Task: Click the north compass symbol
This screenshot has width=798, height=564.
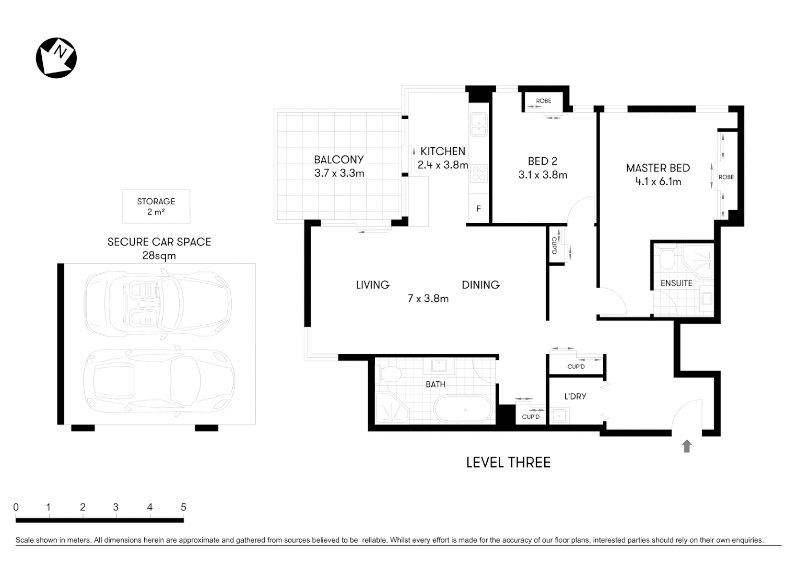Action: tap(56, 58)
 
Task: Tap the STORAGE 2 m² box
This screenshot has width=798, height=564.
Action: tap(156, 206)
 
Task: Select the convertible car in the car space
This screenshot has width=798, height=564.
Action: tap(158, 303)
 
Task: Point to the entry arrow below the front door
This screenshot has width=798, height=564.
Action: tap(687, 446)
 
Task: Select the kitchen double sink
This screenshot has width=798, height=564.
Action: tap(478, 125)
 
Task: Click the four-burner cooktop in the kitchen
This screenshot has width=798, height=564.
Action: tap(478, 173)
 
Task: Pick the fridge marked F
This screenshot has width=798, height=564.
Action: tap(478, 209)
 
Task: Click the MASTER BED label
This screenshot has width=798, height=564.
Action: tap(658, 168)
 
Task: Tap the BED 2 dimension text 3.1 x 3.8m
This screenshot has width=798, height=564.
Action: tap(543, 175)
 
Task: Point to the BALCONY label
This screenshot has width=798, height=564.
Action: tap(338, 160)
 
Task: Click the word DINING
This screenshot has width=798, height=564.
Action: tap(480, 285)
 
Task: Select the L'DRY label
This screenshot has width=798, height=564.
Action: tap(575, 396)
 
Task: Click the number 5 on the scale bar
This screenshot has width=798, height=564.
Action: tap(183, 507)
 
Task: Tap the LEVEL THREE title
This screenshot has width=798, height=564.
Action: tap(508, 463)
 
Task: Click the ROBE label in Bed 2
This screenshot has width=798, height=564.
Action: tap(543, 101)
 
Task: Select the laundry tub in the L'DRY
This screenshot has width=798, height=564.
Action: tap(559, 416)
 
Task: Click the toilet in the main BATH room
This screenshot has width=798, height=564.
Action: tap(390, 373)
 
